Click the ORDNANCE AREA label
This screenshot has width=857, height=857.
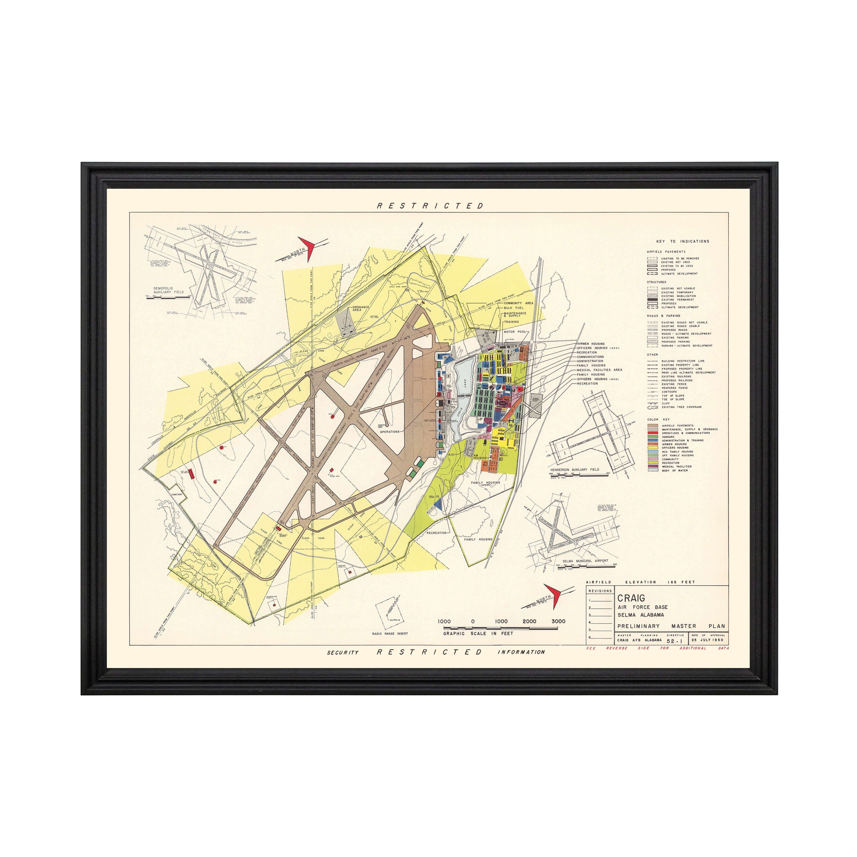361,308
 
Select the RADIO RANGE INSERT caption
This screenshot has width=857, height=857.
390,634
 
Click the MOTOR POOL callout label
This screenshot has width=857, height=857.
515,331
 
